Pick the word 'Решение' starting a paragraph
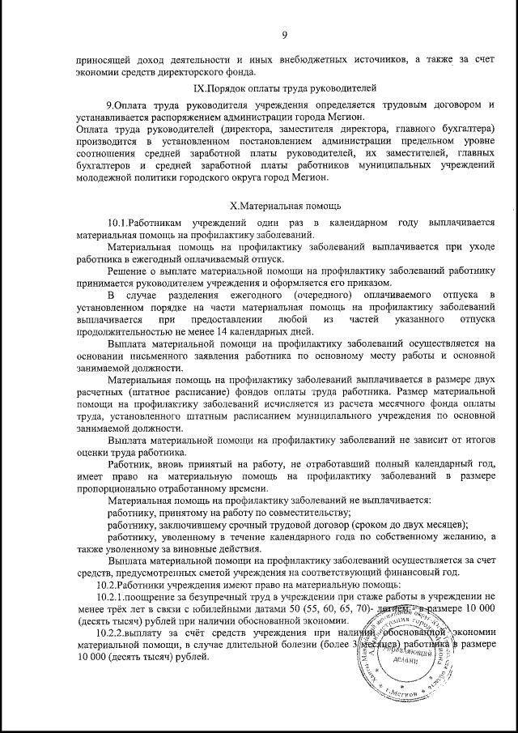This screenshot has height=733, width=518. click(128, 270)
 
